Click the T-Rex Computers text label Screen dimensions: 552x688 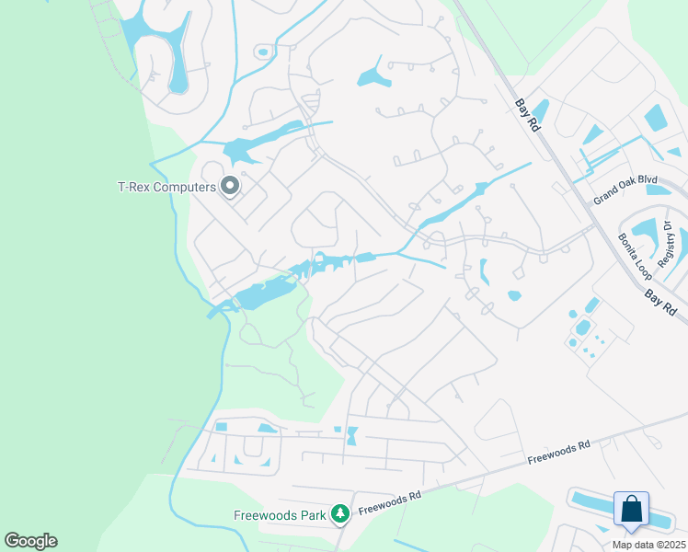pyautogui.click(x=166, y=187)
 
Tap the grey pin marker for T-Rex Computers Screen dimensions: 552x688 pyautogui.click(x=230, y=187)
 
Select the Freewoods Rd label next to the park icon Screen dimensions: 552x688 pyautogui.click(x=389, y=501)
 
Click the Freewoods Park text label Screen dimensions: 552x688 pyautogui.click(x=281, y=515)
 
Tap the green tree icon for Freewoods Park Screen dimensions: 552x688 pyautogui.click(x=340, y=512)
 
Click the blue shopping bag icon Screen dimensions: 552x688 pyautogui.click(x=631, y=509)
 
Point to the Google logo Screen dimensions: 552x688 pyautogui.click(x=30, y=541)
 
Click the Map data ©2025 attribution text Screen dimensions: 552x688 pyautogui.click(x=648, y=545)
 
